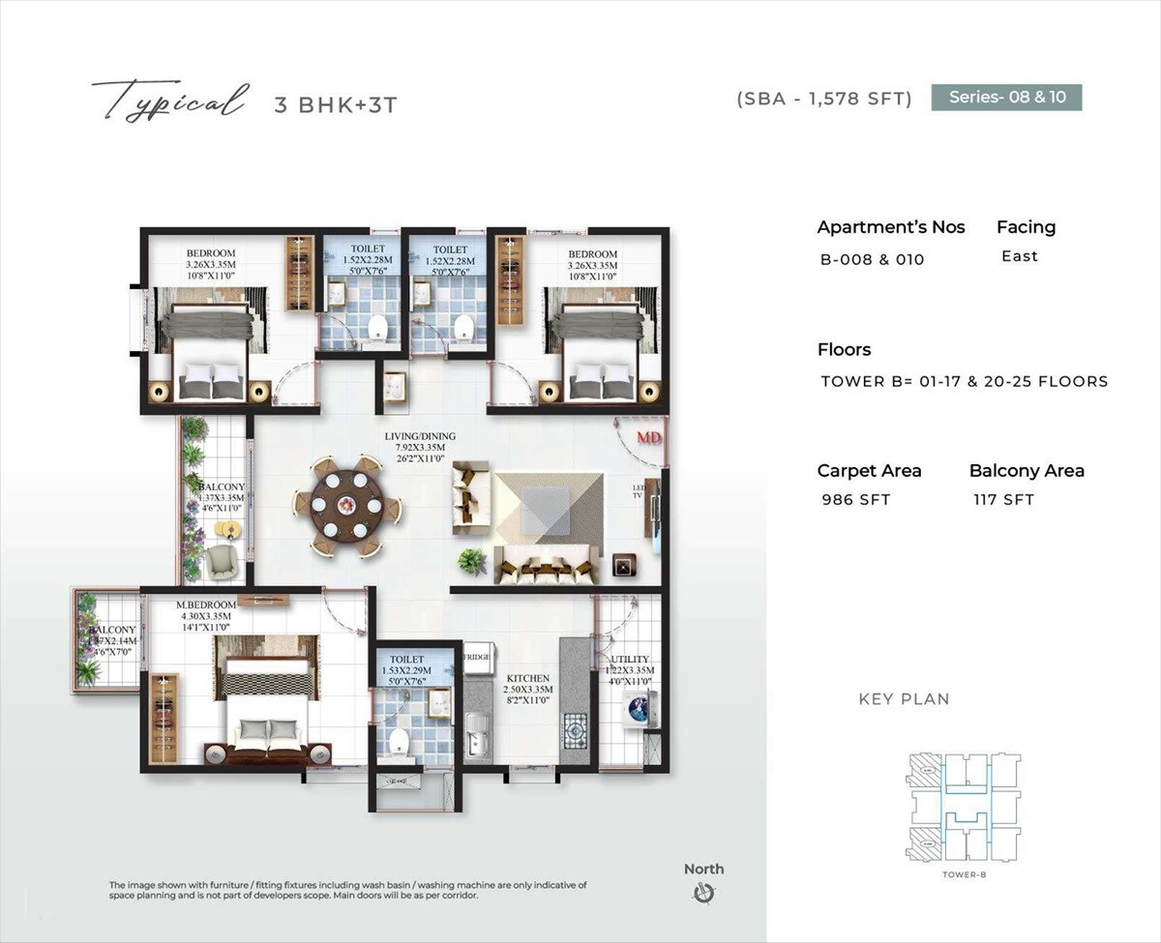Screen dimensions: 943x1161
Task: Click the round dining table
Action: [345, 504]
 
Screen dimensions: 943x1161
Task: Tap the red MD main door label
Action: [648, 438]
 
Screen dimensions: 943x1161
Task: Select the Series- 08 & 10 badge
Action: [1006, 97]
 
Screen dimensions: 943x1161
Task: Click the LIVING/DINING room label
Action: [420, 437]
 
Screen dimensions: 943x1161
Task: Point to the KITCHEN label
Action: [528, 679]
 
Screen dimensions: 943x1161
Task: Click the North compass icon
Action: [703, 894]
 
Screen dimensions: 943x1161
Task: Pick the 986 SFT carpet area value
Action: [855, 500]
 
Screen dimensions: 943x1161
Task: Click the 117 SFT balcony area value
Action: [1003, 500]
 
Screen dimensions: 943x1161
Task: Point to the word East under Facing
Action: [1020, 256]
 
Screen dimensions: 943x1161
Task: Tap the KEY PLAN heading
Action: [904, 699]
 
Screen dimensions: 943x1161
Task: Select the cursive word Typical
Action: [167, 101]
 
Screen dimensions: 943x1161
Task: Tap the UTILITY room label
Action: [630, 659]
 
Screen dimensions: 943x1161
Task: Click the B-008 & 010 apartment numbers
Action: [873, 259]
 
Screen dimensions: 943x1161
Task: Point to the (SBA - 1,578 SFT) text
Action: [824, 99]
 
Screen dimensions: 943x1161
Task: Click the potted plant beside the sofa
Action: [471, 560]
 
